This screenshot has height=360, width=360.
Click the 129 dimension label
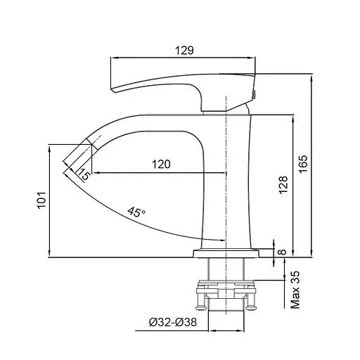click(184, 50)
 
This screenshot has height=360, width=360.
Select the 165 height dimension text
click(303, 164)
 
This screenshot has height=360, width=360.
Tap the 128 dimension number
click(283, 185)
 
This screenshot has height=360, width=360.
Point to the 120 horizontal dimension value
click(161, 164)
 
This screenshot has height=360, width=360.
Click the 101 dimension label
click(41, 200)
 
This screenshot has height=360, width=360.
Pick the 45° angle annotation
click(136, 212)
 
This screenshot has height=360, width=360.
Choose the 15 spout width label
click(84, 174)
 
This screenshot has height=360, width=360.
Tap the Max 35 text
click(295, 290)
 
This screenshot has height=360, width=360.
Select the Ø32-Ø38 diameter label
click(173, 322)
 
